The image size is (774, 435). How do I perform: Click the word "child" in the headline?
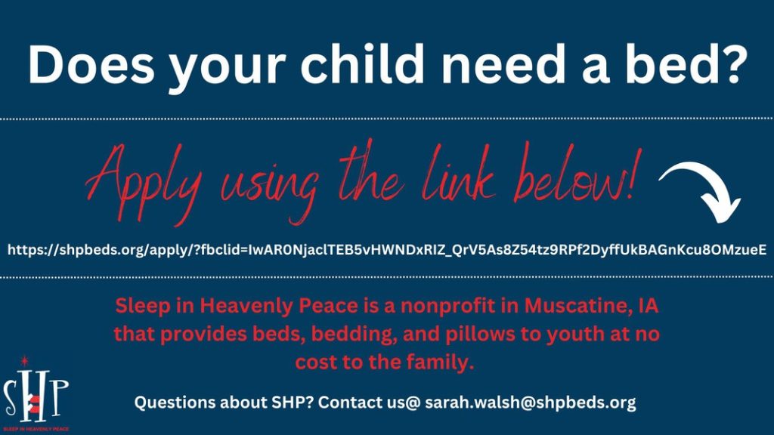tap(362, 64)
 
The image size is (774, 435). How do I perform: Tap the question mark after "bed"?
tap(728, 64)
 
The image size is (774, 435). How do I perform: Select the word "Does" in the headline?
tap(91, 65)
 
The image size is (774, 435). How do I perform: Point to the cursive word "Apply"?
tap(143, 185)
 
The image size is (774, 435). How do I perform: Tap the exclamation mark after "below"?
tap(635, 174)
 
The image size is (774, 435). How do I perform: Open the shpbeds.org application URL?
tap(387, 249)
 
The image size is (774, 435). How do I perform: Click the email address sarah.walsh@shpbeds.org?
tap(530, 402)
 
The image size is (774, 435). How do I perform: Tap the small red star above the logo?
tap(23, 361)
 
